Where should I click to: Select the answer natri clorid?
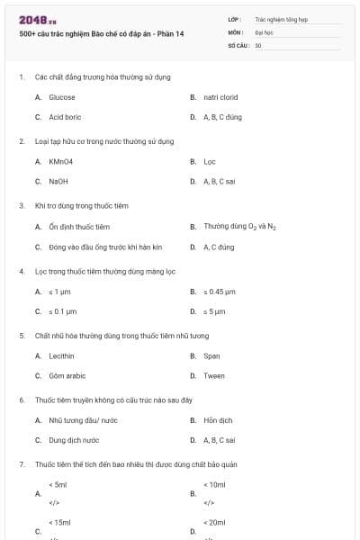pos(220,97)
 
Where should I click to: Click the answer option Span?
pos(211,356)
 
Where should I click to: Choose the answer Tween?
pos(214,375)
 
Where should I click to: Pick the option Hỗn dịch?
pos(218,420)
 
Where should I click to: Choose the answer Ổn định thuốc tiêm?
pos(79,227)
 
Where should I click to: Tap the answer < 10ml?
pos(216,484)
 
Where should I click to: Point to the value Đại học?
pos(264,31)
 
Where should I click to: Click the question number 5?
pos(22,336)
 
